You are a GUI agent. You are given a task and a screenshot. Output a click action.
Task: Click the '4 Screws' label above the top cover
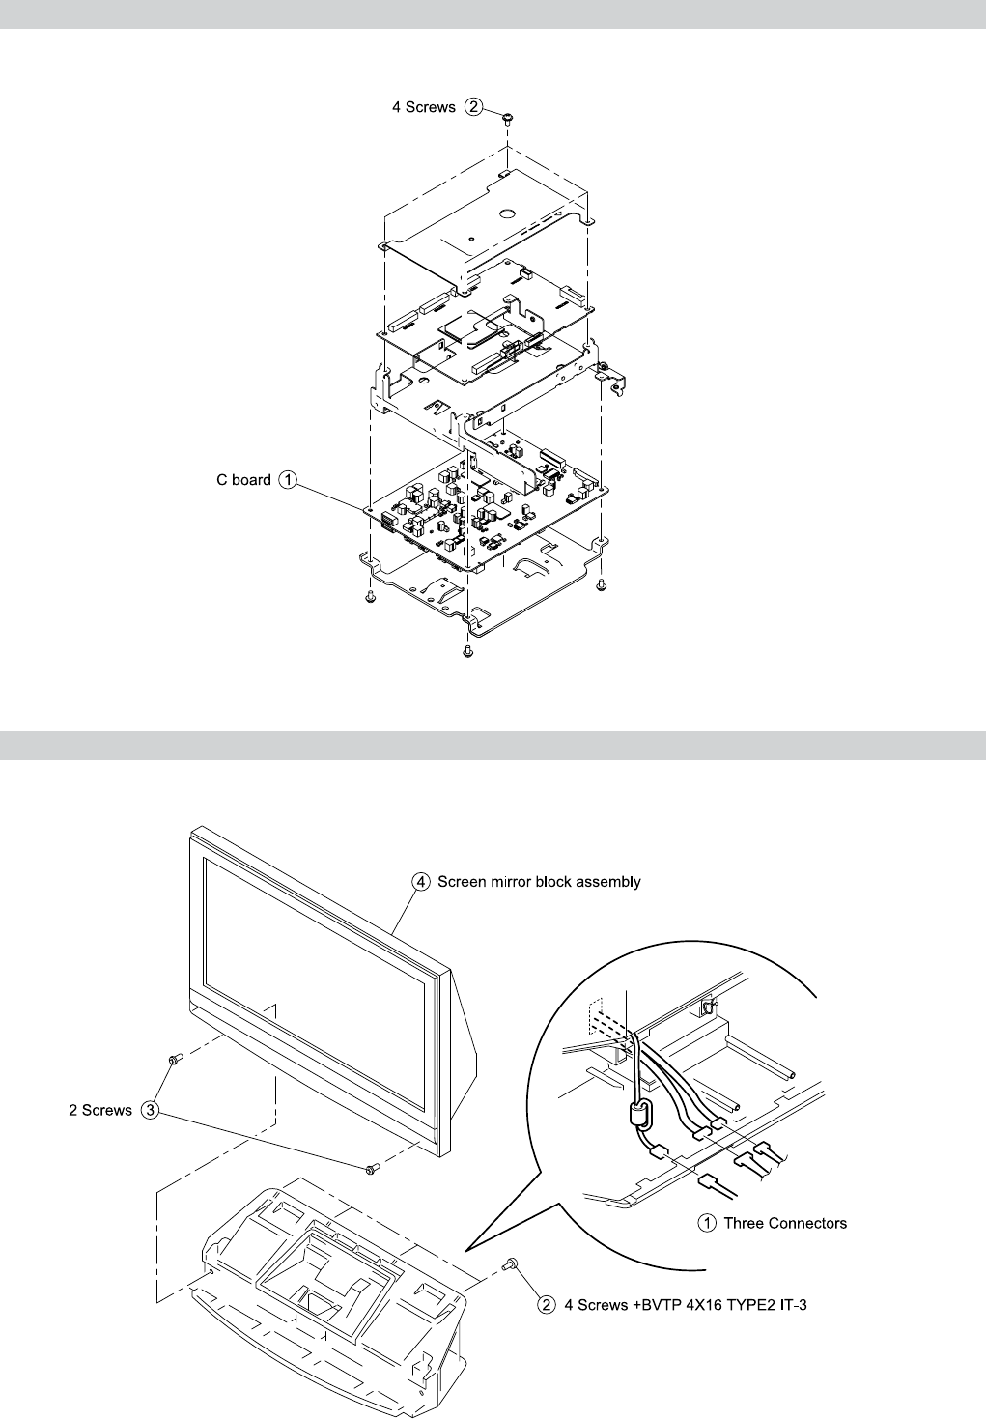[x=423, y=107]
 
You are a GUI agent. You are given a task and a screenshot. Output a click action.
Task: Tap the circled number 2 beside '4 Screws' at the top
[x=473, y=107]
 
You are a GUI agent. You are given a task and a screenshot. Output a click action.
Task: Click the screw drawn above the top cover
[x=508, y=117]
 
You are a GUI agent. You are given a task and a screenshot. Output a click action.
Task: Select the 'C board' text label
[x=243, y=479]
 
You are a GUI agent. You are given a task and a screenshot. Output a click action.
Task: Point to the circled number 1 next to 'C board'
[x=288, y=479]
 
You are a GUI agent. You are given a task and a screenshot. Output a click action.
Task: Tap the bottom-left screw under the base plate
[x=370, y=598]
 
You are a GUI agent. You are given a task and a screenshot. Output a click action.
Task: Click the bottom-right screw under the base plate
[x=601, y=584]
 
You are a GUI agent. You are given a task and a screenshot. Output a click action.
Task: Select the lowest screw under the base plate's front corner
[x=467, y=651]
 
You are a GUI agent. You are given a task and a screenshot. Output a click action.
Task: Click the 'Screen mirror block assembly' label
[x=539, y=882]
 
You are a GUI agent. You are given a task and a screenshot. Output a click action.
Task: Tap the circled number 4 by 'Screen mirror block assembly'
[x=420, y=882]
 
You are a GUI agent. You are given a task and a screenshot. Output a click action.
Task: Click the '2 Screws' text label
[x=100, y=1111]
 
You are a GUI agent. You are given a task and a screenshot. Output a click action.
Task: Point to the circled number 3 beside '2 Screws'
[x=150, y=1111]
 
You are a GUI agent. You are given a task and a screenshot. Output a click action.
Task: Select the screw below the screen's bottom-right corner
[x=371, y=1169]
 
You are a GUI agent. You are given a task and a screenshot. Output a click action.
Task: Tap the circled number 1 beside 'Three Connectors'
[x=707, y=1223]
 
